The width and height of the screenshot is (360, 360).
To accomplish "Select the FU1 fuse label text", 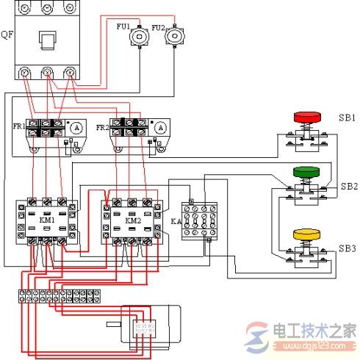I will tap(123, 27).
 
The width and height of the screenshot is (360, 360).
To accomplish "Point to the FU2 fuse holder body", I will tap(173, 37).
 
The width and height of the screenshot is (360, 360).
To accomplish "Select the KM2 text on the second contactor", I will tap(133, 220).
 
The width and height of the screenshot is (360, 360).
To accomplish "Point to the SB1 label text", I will tap(348, 118).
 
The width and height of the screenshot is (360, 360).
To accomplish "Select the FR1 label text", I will tap(18, 126).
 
